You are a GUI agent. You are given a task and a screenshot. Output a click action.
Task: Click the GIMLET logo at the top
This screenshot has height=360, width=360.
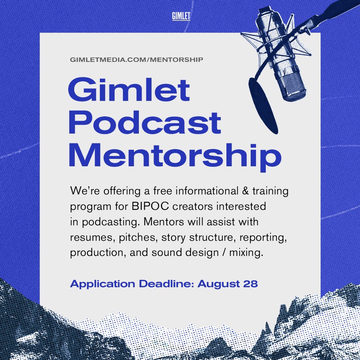tap(181, 16)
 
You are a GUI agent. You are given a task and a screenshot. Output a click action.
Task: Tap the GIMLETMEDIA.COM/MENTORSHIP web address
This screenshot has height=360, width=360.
tap(136, 59)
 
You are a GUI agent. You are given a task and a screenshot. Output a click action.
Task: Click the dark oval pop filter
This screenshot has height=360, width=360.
tap(263, 105)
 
